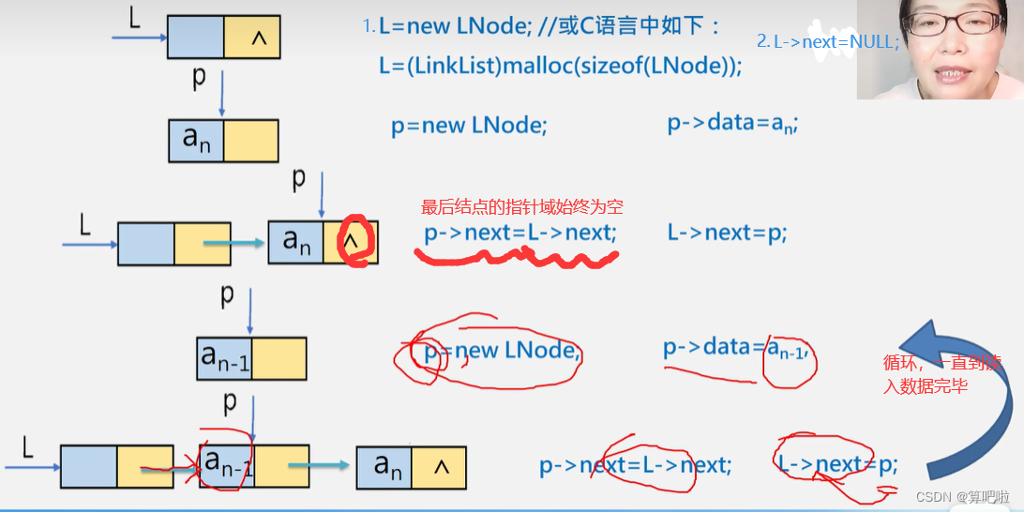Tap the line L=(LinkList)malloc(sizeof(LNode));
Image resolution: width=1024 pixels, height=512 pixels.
(x=560, y=66)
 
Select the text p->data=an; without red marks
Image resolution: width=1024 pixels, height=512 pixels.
(x=732, y=125)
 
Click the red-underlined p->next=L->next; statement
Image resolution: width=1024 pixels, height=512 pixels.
(x=520, y=233)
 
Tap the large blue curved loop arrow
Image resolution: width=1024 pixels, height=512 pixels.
(x=966, y=394)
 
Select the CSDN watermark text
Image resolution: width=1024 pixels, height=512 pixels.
(x=963, y=496)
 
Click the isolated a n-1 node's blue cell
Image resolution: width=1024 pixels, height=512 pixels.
(x=224, y=357)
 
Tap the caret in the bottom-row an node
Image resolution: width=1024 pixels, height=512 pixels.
(x=440, y=466)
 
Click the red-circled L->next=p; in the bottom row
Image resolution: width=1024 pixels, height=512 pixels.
(x=837, y=463)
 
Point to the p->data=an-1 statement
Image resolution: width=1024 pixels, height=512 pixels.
(x=735, y=349)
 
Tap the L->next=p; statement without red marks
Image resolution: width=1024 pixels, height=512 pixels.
(x=727, y=233)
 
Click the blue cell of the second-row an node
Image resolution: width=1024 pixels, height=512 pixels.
(x=196, y=140)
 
